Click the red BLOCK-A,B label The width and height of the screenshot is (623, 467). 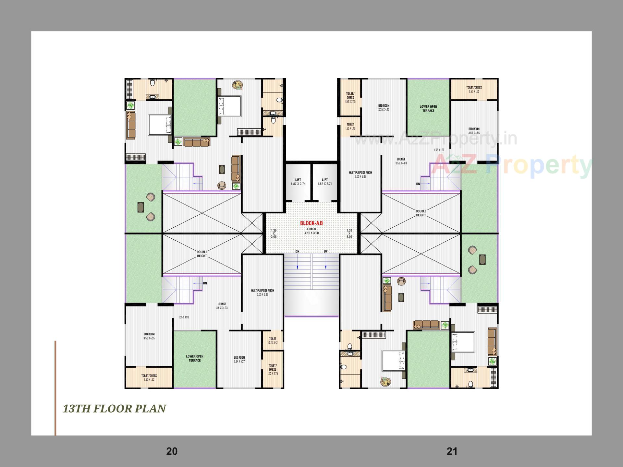311,223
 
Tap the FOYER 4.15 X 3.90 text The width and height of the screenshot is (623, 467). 311,231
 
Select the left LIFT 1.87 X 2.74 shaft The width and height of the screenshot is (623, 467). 298,182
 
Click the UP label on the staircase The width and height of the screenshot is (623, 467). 325,251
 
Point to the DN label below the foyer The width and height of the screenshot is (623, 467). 297,251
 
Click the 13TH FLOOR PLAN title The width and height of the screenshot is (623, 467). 114,409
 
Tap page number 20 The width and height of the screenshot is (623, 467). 172,451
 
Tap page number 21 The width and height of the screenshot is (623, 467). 452,451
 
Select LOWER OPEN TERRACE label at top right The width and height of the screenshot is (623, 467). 428,109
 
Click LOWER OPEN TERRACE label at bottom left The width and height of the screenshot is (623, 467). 194,358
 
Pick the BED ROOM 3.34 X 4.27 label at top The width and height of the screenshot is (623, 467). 384,108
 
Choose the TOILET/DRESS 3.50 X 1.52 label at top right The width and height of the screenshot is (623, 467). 474,89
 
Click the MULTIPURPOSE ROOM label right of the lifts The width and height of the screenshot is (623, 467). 360,174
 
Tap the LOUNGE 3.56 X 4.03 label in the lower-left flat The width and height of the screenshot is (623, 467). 222,306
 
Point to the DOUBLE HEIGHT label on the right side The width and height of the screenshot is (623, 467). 421,213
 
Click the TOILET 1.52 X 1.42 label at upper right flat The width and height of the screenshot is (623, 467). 350,126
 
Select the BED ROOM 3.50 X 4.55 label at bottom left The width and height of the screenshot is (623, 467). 149,336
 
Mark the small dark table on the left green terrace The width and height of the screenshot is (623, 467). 140,207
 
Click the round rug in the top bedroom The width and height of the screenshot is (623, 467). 238,85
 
